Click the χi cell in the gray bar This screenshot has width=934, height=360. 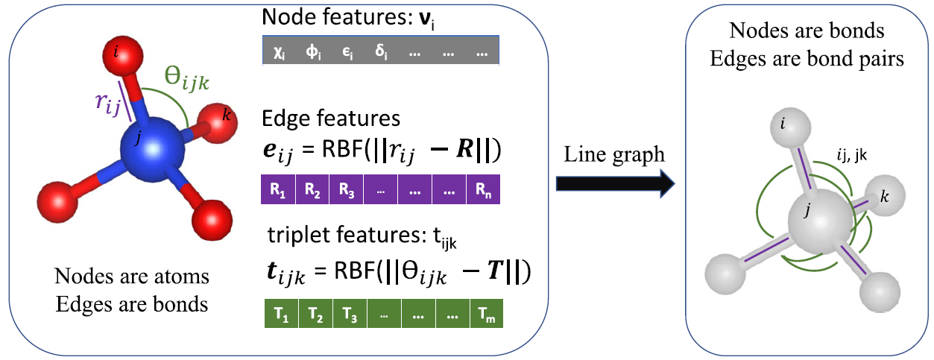(x=280, y=54)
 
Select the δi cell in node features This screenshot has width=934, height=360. (x=380, y=54)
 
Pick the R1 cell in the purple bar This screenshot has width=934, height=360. (x=279, y=189)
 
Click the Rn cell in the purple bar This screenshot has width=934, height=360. (x=483, y=189)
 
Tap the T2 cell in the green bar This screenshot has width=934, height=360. (x=315, y=315)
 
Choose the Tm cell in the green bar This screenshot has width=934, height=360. (x=487, y=315)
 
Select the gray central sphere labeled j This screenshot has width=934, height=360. (x=819, y=224)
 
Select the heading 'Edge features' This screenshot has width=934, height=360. (x=331, y=119)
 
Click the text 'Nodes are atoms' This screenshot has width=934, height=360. (x=133, y=277)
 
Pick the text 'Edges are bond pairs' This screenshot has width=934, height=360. (x=807, y=60)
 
